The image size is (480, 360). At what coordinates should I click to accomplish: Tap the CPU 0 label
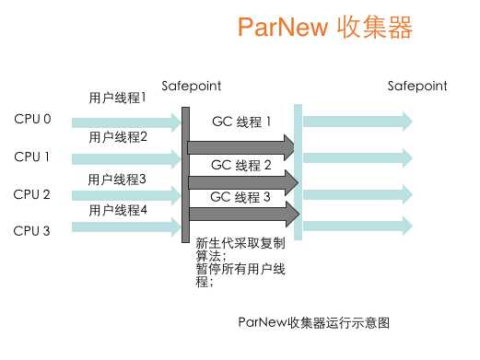[x=33, y=119]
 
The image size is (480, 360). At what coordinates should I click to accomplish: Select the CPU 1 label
[x=33, y=157]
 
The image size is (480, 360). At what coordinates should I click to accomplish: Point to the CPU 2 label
[x=33, y=194]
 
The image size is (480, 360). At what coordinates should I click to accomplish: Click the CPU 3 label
[x=33, y=230]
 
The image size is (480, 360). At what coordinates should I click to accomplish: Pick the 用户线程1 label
[x=117, y=97]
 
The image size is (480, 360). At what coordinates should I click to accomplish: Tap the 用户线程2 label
[x=119, y=137]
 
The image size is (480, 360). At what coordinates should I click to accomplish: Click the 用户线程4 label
[x=119, y=211]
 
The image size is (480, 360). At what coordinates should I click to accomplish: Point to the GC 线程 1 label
[x=241, y=122]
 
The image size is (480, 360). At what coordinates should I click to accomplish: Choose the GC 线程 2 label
[x=241, y=165]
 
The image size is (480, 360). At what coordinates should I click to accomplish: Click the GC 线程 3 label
[x=241, y=196]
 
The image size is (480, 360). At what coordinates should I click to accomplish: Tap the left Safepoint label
[x=191, y=86]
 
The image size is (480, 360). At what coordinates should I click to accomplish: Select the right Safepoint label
[x=417, y=86]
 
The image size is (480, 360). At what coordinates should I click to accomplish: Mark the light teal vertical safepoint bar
[x=298, y=166]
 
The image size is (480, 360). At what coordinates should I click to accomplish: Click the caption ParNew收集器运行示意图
[x=314, y=322]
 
